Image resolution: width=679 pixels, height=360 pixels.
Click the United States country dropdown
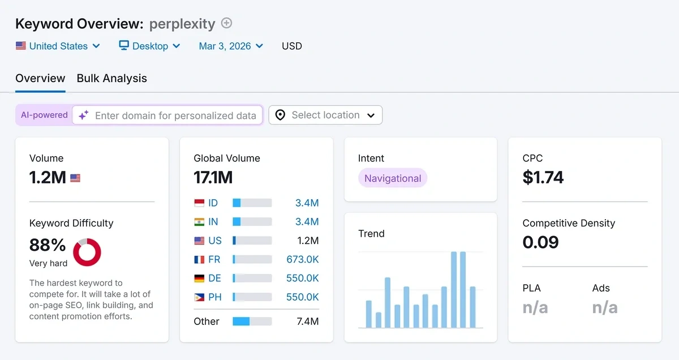point(58,46)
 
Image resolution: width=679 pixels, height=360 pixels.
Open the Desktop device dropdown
point(149,46)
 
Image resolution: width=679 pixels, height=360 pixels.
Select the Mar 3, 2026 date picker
point(230,46)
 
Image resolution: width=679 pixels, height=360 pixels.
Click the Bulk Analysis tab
point(111,79)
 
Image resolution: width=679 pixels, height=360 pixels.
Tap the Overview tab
point(40,79)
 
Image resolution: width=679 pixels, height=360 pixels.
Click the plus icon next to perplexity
point(226,23)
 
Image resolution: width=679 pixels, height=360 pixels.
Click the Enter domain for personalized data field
point(175,115)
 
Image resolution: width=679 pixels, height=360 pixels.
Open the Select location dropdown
point(325,115)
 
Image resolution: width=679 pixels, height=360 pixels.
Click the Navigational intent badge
point(393,178)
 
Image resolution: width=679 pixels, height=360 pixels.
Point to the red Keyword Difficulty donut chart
point(87,252)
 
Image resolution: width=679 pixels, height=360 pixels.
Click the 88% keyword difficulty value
point(48,245)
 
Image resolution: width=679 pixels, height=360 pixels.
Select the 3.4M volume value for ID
point(307,203)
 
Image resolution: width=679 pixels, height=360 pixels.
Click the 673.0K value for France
point(303,260)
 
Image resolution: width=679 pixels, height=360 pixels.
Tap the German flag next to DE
point(199,278)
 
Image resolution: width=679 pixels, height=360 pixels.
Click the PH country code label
point(214,297)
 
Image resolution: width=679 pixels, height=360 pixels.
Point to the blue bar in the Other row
point(241,322)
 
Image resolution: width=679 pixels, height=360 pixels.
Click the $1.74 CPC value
point(543,178)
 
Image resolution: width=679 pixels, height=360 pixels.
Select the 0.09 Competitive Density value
point(540,242)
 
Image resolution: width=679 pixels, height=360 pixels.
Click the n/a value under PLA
point(535,307)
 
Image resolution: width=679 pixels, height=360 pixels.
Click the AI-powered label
point(44,115)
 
